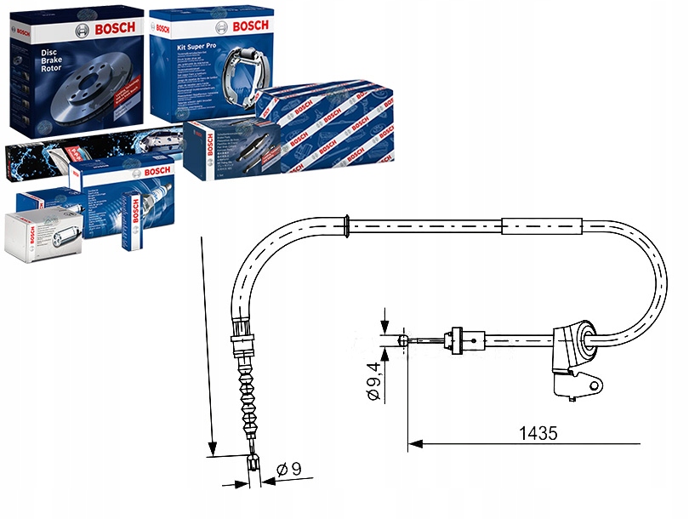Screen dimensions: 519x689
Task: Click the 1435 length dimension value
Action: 538,433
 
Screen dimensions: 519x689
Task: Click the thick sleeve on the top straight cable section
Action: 543,227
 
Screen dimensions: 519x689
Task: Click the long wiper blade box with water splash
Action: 85,153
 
